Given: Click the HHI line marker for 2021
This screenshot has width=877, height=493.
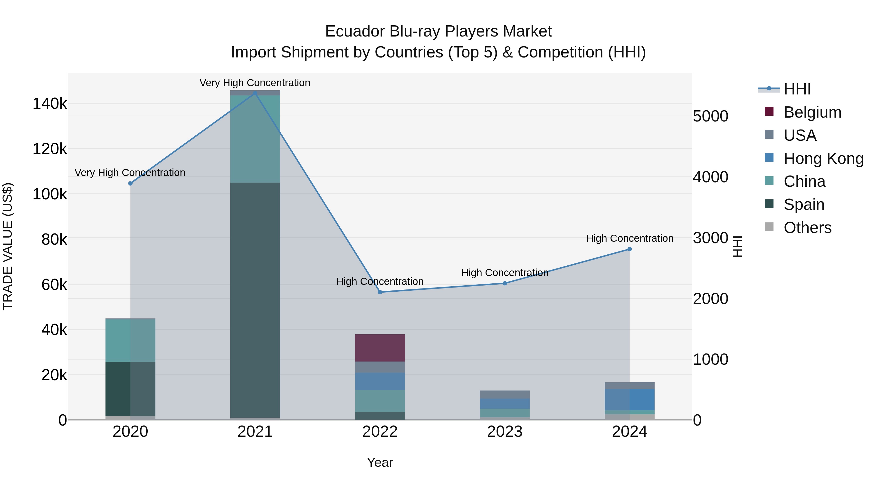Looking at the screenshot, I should (255, 93).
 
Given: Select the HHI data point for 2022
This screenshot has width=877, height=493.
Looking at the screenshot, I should (380, 292).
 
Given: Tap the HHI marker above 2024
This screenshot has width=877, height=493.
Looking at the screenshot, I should (629, 249).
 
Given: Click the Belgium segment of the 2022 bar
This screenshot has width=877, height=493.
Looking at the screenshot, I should (380, 348).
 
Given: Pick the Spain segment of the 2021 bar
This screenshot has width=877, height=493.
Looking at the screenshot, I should (255, 299).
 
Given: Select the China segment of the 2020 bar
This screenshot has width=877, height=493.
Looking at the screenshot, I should (130, 340).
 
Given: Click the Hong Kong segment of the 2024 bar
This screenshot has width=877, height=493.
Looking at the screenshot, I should (629, 400).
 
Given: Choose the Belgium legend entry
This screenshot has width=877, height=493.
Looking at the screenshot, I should (812, 112).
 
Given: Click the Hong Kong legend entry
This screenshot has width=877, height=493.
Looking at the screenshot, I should (823, 158).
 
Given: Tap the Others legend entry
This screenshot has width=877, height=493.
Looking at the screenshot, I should (807, 228).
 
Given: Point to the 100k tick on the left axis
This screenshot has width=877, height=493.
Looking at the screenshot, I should (50, 194).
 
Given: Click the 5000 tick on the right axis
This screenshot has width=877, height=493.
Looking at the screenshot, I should (711, 116).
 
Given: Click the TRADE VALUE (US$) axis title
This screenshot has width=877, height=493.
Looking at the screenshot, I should (8, 246).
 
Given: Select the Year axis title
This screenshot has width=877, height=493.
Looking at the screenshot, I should (380, 462).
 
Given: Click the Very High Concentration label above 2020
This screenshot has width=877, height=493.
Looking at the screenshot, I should (130, 173).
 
